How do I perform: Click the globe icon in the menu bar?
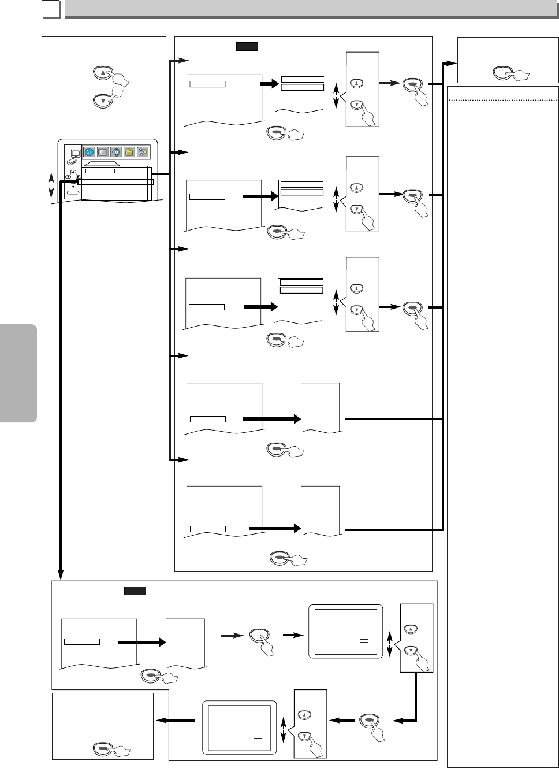pyautogui.click(x=89, y=153)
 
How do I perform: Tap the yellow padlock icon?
pyautogui.click(x=129, y=153)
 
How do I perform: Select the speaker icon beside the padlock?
pyautogui.click(x=115, y=153)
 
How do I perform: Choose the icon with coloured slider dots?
pyautogui.click(x=142, y=153)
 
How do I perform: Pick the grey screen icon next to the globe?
pyautogui.click(x=102, y=153)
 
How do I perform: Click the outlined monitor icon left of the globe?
pyautogui.click(x=75, y=153)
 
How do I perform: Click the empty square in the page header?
pyautogui.click(x=51, y=10)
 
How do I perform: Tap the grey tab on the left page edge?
pyautogui.click(x=18, y=373)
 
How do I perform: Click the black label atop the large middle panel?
pyautogui.click(x=247, y=46)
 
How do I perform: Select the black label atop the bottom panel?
pyautogui.click(x=135, y=591)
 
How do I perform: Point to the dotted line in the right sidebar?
pyautogui.click(x=502, y=100)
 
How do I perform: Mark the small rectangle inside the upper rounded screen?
pyautogui.click(x=364, y=641)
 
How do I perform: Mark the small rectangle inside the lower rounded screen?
pyautogui.click(x=258, y=739)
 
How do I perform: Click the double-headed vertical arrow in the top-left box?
pyautogui.click(x=51, y=186)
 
